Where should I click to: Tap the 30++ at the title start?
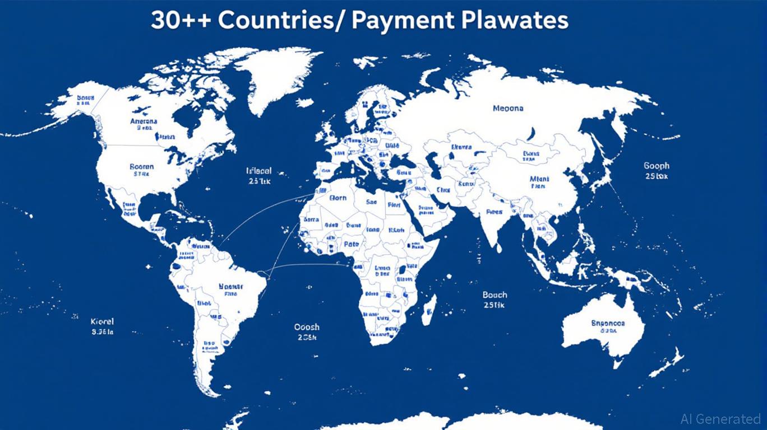click(x=181, y=20)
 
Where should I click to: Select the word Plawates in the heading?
click(x=515, y=20)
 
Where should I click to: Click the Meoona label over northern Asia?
click(x=508, y=107)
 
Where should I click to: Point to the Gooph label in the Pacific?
click(x=656, y=166)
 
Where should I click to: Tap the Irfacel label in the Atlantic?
click(x=258, y=171)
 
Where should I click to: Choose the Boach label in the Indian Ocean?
click(x=495, y=295)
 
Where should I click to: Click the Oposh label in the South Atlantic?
click(x=307, y=327)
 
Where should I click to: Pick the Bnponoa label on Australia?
click(x=608, y=323)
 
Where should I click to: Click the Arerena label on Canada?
click(x=144, y=121)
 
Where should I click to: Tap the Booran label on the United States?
click(x=141, y=166)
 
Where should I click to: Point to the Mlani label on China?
click(x=539, y=179)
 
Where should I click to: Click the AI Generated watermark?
click(x=720, y=418)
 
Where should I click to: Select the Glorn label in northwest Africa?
click(x=338, y=198)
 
